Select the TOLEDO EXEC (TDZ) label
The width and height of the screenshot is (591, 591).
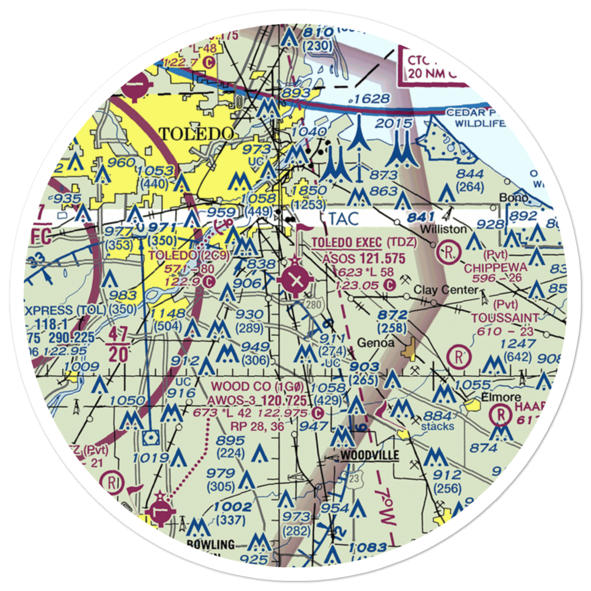(x=364, y=242)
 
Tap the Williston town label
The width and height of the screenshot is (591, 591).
(x=445, y=228)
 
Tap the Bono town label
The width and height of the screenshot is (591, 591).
(x=511, y=197)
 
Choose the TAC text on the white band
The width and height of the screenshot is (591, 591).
(x=344, y=218)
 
